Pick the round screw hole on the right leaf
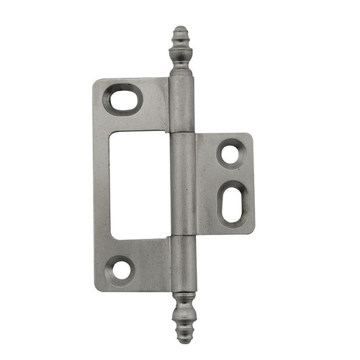click(230, 153)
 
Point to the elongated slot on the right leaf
click(233, 205)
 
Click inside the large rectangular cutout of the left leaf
click(141, 184)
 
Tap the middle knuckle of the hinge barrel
click(183, 186)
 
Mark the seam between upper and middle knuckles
click(181, 133)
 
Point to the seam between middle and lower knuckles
click(184, 238)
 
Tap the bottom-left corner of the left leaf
click(97, 289)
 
